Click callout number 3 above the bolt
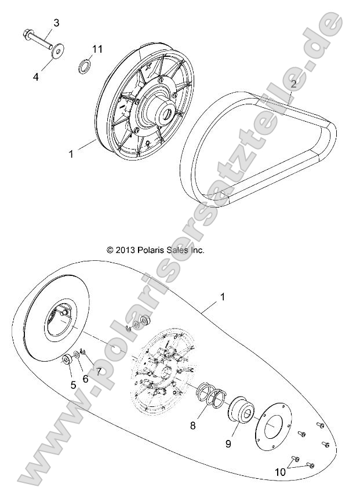[x=56, y=23]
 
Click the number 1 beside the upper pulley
[x=72, y=154]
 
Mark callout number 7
[x=99, y=371]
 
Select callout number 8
[x=194, y=425]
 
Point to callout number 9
[x=228, y=443]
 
